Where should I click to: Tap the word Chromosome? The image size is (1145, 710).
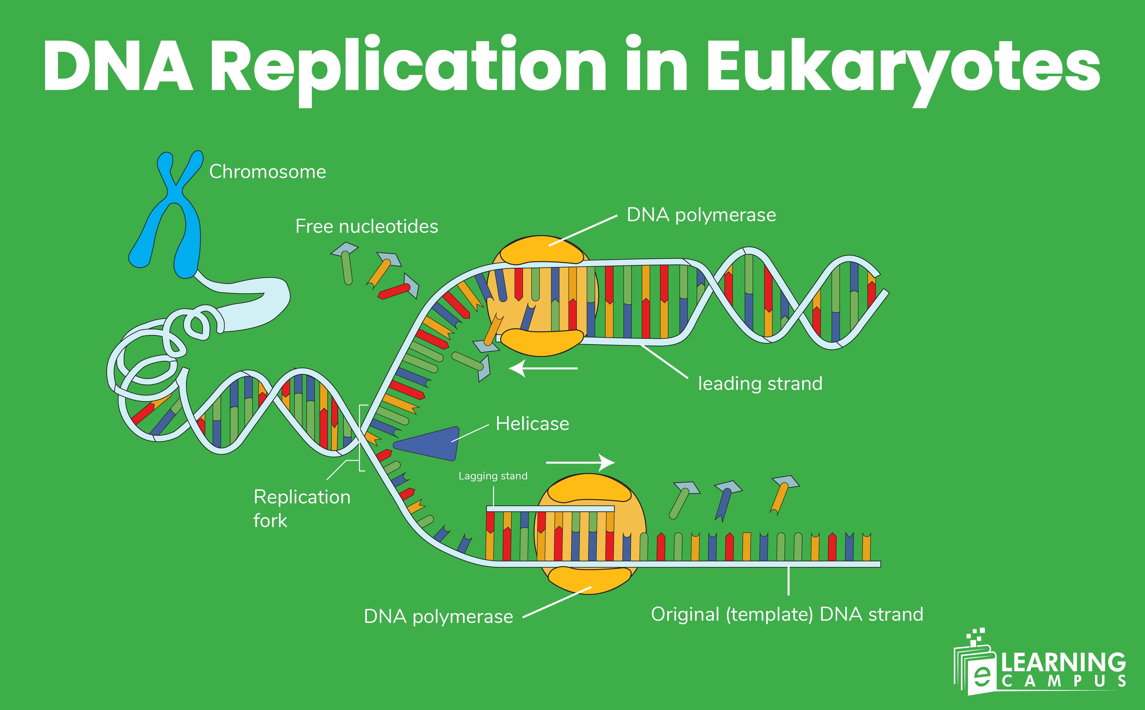(x=267, y=172)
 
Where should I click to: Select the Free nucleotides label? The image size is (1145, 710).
(x=366, y=227)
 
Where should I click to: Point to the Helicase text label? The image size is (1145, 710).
(x=532, y=424)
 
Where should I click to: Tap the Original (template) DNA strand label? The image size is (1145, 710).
(x=787, y=614)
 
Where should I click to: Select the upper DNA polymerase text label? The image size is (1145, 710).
(x=701, y=215)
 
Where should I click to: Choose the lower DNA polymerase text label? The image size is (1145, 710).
(x=438, y=617)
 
